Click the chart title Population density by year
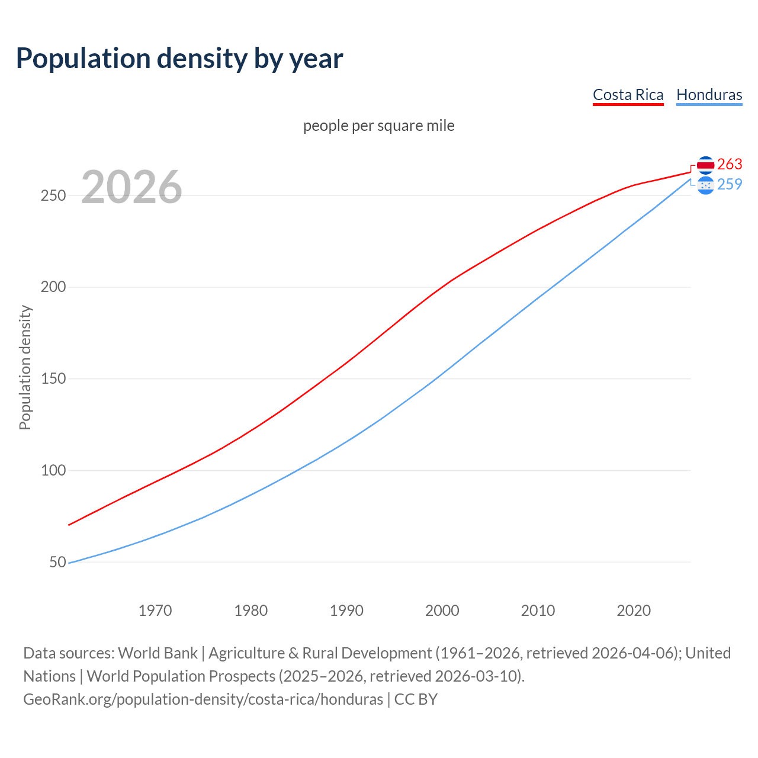[179, 58]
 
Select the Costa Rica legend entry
[628, 95]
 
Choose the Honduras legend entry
[709, 95]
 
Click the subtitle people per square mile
[378, 126]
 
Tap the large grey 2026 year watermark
[131, 187]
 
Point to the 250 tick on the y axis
[53, 195]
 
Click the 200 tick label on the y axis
[53, 287]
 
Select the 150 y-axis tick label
[53, 379]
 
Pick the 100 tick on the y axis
[53, 471]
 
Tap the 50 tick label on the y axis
[57, 562]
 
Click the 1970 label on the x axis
[155, 611]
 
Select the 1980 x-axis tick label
[251, 611]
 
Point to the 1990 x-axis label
[346, 611]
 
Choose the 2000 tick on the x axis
[442, 611]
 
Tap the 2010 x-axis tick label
[538, 611]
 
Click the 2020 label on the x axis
[634, 611]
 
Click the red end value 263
[730, 164]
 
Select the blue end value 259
[730, 185]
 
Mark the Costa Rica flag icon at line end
[705, 165]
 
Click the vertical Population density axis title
[25, 367]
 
